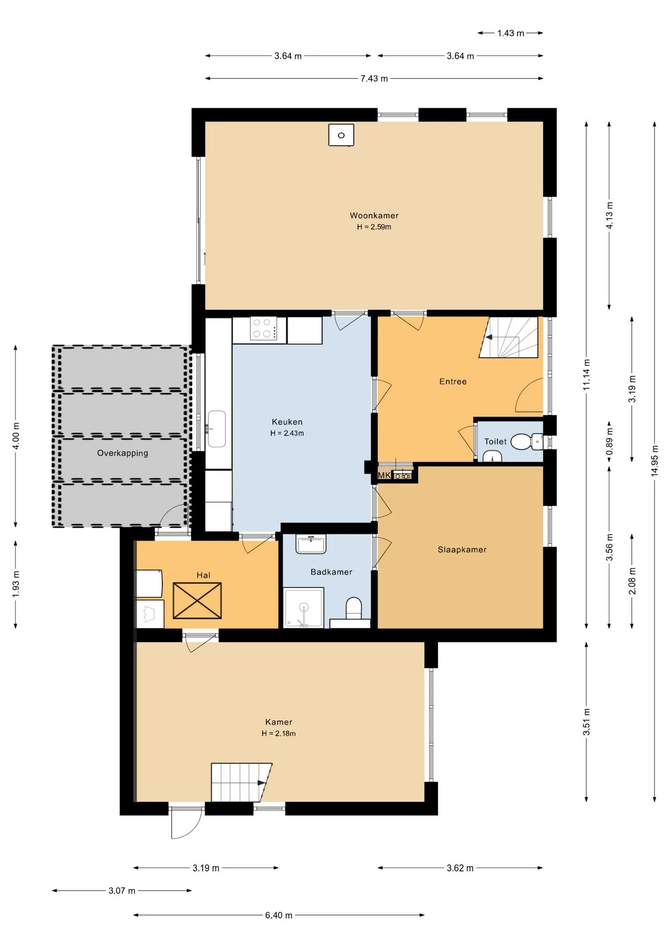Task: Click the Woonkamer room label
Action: (x=374, y=215)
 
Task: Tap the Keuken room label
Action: (x=287, y=422)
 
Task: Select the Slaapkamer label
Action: (x=462, y=550)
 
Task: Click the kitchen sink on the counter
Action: (x=216, y=429)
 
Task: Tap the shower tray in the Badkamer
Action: (x=303, y=607)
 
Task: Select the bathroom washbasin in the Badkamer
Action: (x=311, y=544)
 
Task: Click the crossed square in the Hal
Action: (x=197, y=600)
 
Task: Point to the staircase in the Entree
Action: (x=509, y=337)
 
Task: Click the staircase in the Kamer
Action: (x=241, y=782)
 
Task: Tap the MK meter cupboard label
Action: (x=384, y=475)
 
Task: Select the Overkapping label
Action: (x=122, y=453)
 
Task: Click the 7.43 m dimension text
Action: (x=374, y=79)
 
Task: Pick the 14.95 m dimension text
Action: (x=655, y=460)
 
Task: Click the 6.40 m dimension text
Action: (x=279, y=915)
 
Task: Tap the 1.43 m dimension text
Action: (x=511, y=33)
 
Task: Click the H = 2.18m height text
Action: (x=279, y=733)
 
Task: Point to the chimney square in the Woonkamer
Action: (x=341, y=135)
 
